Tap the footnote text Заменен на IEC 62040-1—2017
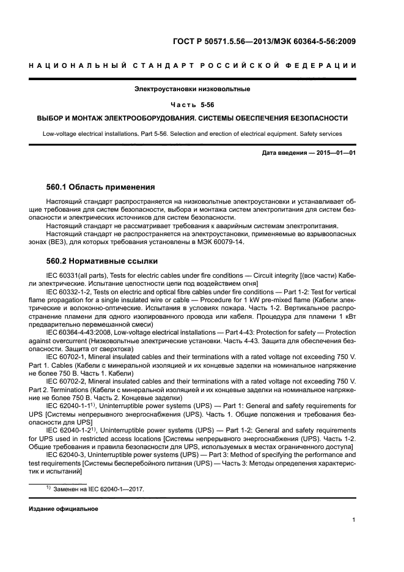[98, 489]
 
